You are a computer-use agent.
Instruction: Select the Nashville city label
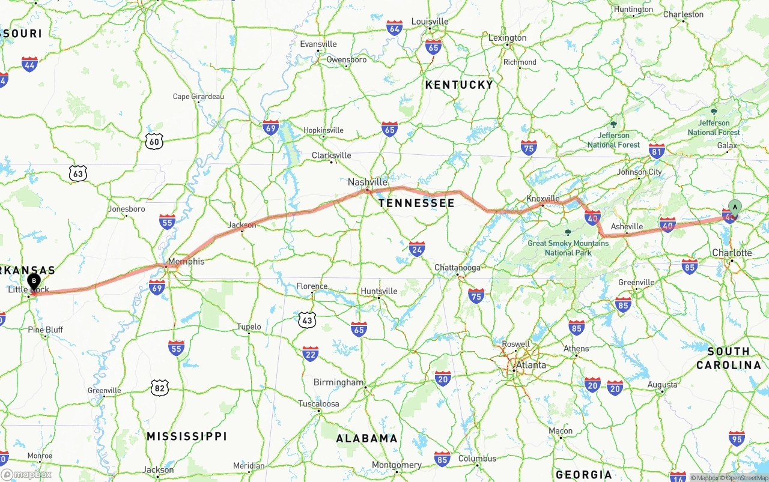368,182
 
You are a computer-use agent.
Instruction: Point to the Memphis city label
186,262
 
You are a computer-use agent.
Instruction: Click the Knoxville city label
543,198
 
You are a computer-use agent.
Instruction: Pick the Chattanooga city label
458,268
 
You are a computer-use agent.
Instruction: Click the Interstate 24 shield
417,249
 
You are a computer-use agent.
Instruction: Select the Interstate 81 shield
657,151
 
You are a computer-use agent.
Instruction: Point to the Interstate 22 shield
311,354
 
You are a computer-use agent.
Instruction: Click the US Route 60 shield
154,142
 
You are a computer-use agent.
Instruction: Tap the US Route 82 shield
159,388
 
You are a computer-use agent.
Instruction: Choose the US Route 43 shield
307,320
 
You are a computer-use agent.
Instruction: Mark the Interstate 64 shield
394,28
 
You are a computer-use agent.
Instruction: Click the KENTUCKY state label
459,85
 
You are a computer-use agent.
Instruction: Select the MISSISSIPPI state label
187,436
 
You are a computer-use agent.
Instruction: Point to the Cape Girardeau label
198,97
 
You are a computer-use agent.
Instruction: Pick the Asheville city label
627,227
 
